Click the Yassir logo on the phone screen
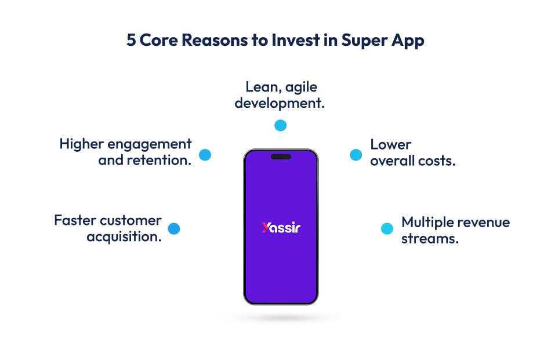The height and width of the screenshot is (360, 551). tap(281, 227)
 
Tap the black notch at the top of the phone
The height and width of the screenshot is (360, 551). tap(281, 157)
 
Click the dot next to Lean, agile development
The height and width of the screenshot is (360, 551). tap(281, 125)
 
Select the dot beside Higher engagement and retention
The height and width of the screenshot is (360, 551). tap(205, 155)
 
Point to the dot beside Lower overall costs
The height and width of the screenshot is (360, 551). tap(356, 155)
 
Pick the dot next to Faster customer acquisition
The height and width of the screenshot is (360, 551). tap(173, 228)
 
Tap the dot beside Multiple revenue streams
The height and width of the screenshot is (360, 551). tap(387, 228)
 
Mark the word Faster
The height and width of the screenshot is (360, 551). tap(75, 220)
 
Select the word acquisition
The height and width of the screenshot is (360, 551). tap(124, 237)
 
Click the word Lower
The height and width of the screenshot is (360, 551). tap(391, 144)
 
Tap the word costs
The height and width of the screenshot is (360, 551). tap(437, 161)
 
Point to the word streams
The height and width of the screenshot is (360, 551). tap(430, 238)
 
